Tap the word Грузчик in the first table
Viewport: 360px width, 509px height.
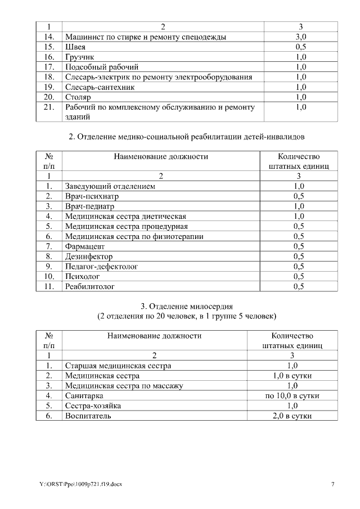tap(79, 57)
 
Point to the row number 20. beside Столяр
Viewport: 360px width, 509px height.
tap(48, 97)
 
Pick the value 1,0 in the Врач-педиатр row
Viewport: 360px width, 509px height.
tap(299, 206)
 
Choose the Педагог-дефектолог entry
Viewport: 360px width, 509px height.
tap(101, 266)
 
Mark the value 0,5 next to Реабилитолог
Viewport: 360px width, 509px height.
tap(299, 286)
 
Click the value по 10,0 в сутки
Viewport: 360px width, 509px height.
tap(292, 396)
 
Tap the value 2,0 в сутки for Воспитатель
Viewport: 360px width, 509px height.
tap(292, 416)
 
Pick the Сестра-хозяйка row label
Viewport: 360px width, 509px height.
tap(92, 406)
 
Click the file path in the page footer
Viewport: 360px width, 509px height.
tap(80, 484)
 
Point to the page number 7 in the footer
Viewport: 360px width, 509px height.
tap(332, 484)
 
